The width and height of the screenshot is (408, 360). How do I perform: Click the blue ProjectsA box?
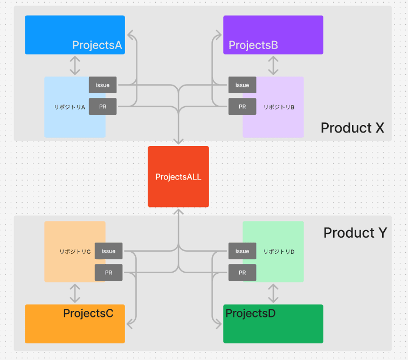coord(75,35)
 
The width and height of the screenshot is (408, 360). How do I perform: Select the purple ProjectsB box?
coord(273,35)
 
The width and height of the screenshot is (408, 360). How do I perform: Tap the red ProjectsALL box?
coord(178,177)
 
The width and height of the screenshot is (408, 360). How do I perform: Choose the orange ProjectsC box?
coord(75,324)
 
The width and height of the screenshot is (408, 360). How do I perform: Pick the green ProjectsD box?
coord(273,324)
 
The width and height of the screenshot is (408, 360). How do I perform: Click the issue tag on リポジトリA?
coord(103,85)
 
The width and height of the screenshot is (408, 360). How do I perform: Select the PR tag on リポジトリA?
coord(103,106)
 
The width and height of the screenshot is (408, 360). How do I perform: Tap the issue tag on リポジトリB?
coord(242,85)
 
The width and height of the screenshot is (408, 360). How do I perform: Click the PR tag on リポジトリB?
coord(242,106)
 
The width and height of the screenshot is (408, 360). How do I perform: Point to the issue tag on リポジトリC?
coord(108,251)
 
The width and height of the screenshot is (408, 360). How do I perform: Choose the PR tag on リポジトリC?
coord(108,273)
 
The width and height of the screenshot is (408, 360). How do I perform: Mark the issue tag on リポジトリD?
coord(242,251)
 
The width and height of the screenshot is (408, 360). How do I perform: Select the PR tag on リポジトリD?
coord(242,273)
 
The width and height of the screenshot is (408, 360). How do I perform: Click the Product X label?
coord(352,128)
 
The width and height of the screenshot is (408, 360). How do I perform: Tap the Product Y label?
coord(355,232)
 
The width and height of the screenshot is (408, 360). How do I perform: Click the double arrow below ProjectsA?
coord(75,66)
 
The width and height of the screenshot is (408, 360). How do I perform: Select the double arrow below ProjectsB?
coord(273,66)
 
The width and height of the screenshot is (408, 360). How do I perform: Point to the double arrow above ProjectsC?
coord(75,293)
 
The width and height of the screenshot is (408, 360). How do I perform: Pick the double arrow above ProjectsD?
coord(273,293)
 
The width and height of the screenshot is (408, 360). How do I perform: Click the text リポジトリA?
coord(70,107)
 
